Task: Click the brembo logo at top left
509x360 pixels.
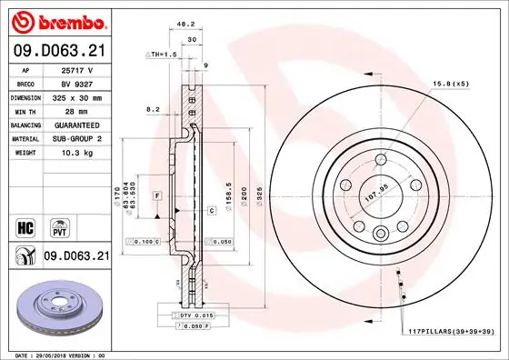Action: point(57,21)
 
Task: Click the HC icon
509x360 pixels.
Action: point(25,225)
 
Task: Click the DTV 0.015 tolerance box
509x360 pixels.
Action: point(195,314)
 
